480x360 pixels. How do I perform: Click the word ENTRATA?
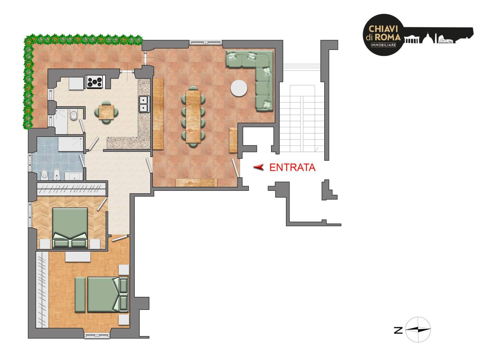point(292,167)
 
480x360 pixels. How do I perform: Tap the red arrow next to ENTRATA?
point(258,167)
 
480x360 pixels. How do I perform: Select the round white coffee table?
point(239,88)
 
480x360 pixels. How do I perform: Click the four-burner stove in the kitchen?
point(95,82)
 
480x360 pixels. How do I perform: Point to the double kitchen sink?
point(144,104)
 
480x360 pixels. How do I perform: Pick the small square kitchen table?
point(107,112)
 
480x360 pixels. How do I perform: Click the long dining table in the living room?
point(193,117)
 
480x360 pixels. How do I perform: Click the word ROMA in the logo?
point(387,37)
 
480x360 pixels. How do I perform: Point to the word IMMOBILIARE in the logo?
point(383,45)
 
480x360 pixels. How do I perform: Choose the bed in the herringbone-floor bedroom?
point(70,228)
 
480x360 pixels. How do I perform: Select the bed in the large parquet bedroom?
point(108,295)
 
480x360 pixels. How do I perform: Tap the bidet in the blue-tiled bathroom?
point(57,175)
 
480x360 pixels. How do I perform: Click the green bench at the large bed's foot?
point(80,295)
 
